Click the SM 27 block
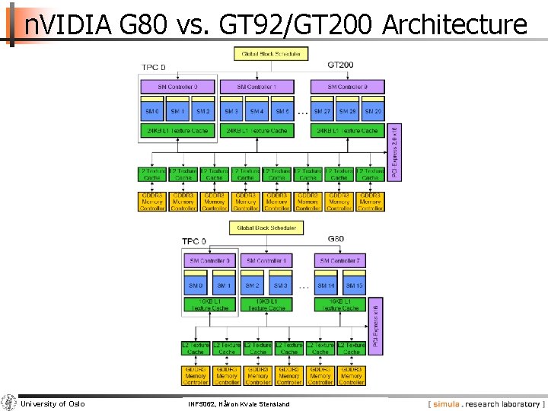pyautogui.click(x=323, y=111)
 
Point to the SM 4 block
pyautogui.click(x=256, y=111)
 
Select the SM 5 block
pyautogui.click(x=282, y=111)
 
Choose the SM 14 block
pyautogui.click(x=326, y=286)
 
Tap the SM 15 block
pyautogui.click(x=354, y=286)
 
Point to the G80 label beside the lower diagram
pyautogui.click(x=336, y=239)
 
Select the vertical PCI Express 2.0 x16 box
pyautogui.click(x=395, y=151)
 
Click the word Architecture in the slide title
pyautogui.click(x=454, y=25)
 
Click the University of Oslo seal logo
pyautogui.click(x=9, y=403)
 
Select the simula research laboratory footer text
pyautogui.click(x=487, y=404)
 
